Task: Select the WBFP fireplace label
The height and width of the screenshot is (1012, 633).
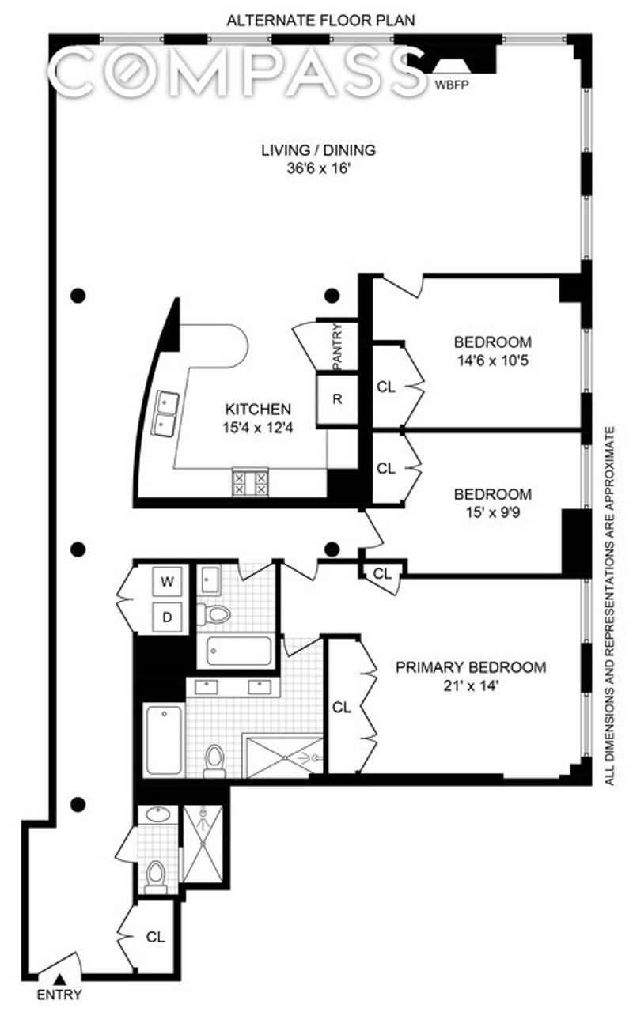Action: (x=451, y=85)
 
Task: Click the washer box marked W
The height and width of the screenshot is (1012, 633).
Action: (x=167, y=581)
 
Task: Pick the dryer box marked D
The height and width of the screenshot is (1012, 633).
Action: (x=167, y=617)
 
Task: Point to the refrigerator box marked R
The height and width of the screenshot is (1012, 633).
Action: (x=337, y=399)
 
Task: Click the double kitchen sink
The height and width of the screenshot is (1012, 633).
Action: (x=167, y=413)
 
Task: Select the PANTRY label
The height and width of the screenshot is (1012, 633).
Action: (x=337, y=346)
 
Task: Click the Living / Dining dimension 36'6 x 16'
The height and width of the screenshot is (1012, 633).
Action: (x=319, y=169)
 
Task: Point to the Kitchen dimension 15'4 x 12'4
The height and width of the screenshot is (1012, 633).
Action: (x=258, y=428)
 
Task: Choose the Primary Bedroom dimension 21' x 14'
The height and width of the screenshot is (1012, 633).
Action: (x=471, y=686)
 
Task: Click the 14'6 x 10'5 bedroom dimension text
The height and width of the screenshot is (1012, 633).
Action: (x=493, y=361)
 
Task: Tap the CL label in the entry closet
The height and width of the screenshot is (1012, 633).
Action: (x=156, y=938)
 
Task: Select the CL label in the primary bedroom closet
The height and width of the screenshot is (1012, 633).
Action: (x=341, y=708)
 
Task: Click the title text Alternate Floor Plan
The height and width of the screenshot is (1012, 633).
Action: (x=320, y=21)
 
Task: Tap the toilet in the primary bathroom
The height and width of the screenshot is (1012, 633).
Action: (x=214, y=761)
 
